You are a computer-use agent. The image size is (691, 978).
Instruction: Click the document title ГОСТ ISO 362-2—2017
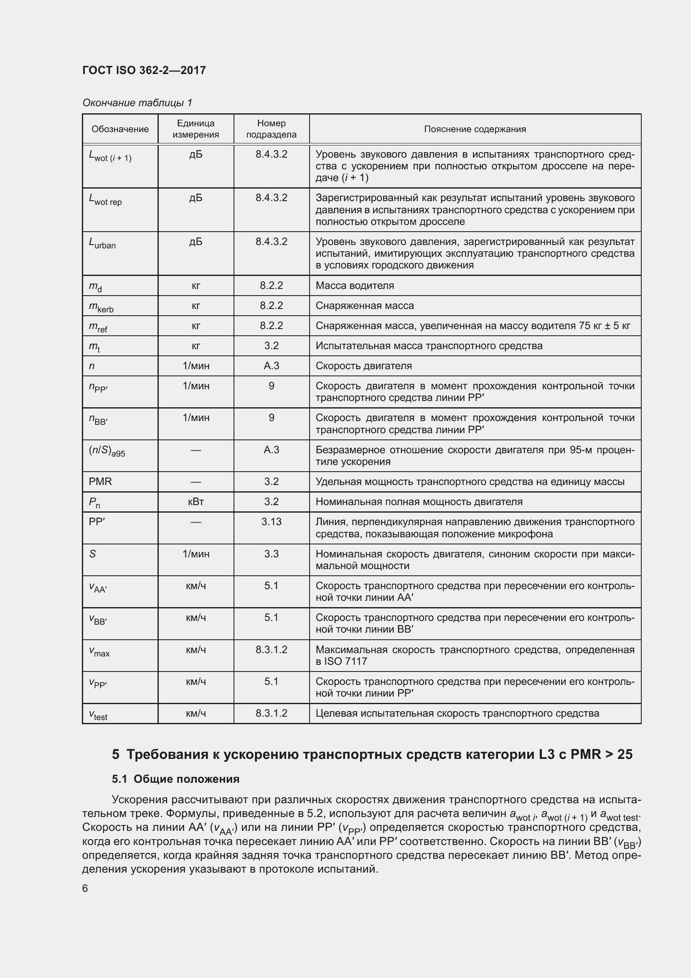point(144,70)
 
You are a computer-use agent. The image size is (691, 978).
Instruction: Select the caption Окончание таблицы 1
point(137,103)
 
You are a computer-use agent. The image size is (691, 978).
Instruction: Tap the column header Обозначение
point(120,129)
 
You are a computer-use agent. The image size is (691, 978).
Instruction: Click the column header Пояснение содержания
point(475,129)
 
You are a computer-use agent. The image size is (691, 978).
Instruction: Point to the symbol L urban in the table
point(102,243)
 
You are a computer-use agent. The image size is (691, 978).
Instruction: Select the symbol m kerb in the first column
point(101,306)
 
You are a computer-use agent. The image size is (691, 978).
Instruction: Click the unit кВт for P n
point(196,502)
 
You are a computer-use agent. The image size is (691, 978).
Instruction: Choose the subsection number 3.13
point(272,522)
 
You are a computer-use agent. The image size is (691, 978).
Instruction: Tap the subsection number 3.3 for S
point(272,554)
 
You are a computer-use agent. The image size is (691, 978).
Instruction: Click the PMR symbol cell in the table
point(100,482)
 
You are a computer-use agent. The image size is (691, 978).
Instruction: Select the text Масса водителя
point(355,286)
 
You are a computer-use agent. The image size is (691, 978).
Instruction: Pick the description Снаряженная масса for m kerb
point(365,306)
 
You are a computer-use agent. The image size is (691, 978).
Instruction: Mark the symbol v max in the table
point(99,652)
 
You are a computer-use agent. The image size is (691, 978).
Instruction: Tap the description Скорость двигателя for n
point(364,366)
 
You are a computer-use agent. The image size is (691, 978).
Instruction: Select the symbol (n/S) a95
point(107,451)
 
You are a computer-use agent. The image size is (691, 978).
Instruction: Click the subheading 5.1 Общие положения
point(176,779)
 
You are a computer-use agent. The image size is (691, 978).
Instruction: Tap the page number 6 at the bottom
point(85,888)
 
